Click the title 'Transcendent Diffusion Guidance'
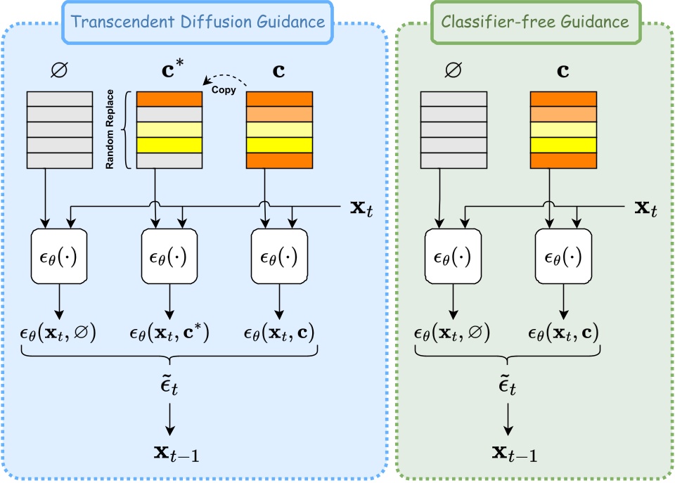(198, 21)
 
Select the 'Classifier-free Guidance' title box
(534, 21)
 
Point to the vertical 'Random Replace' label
(110, 130)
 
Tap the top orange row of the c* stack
(169, 99)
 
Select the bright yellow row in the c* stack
(169, 146)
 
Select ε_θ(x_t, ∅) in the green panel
(452, 332)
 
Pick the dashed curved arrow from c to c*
(226, 77)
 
